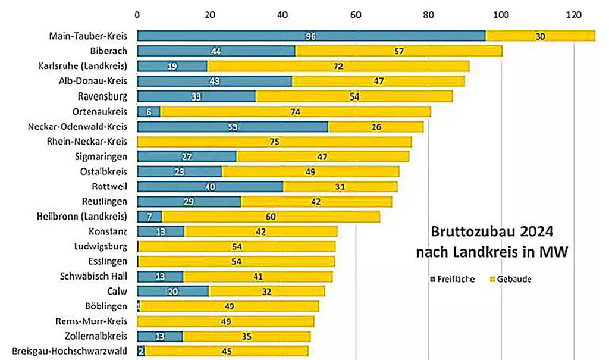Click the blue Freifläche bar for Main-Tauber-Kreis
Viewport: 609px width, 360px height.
click(310, 36)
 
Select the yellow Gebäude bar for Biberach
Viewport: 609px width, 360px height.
click(398, 51)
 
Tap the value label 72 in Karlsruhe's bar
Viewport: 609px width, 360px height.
click(338, 66)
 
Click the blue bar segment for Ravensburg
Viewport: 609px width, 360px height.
click(196, 96)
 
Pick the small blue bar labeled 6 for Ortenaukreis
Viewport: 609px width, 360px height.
click(148, 111)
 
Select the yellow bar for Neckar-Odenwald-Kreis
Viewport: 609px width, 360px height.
click(376, 126)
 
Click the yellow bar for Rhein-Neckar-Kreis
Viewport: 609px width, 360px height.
click(274, 142)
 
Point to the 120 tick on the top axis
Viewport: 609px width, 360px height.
click(573, 13)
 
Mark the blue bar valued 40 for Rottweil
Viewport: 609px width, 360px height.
click(210, 186)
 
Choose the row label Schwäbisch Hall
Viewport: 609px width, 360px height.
click(93, 276)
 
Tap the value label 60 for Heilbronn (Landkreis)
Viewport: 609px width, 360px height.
click(271, 216)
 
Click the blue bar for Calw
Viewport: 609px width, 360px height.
click(172, 291)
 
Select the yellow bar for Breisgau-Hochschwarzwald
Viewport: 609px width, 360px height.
click(226, 351)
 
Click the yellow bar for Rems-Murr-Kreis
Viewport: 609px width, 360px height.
click(225, 321)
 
